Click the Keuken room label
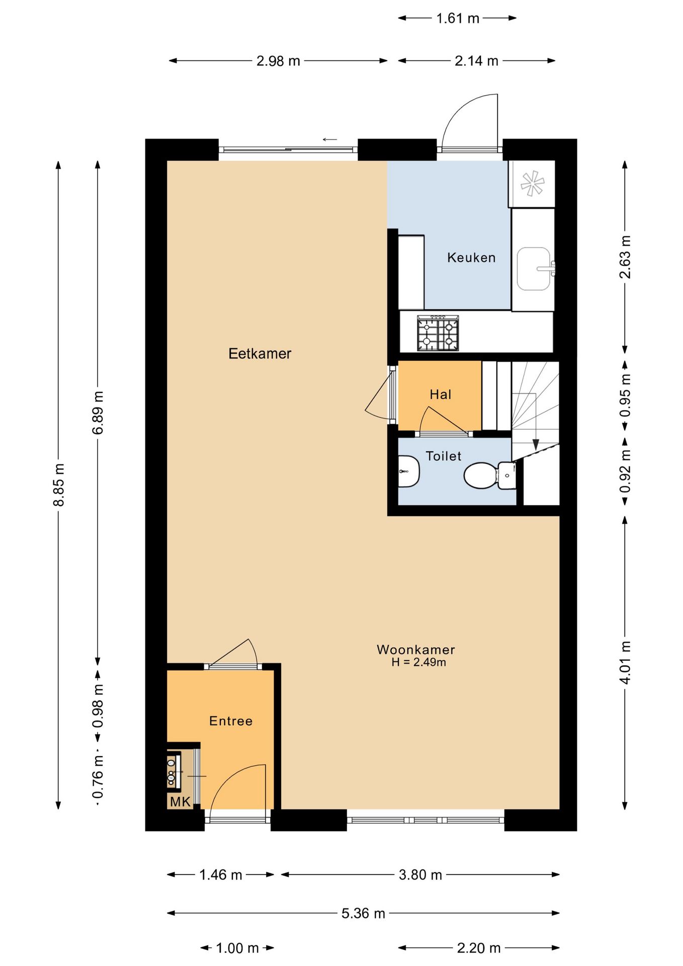pos(471,258)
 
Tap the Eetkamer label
pos(260,354)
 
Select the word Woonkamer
pos(416,650)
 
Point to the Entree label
pos(231,721)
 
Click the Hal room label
pos(441,394)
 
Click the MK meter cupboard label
pos(180,802)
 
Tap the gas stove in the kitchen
pos(438,333)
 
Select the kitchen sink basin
pos(534,269)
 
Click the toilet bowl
pos(480,475)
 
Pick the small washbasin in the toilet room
pos(408,471)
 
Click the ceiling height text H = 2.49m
pos(419,662)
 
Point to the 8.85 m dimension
pos(59,485)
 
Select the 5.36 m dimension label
pos(363,913)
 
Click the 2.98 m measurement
pos(278,61)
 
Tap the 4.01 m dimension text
pos(625,663)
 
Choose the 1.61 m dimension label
pos(458,19)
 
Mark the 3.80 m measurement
pos(420,875)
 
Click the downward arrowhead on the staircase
pos(536,445)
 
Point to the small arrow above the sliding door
pos(330,139)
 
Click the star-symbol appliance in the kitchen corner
pos(532,183)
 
